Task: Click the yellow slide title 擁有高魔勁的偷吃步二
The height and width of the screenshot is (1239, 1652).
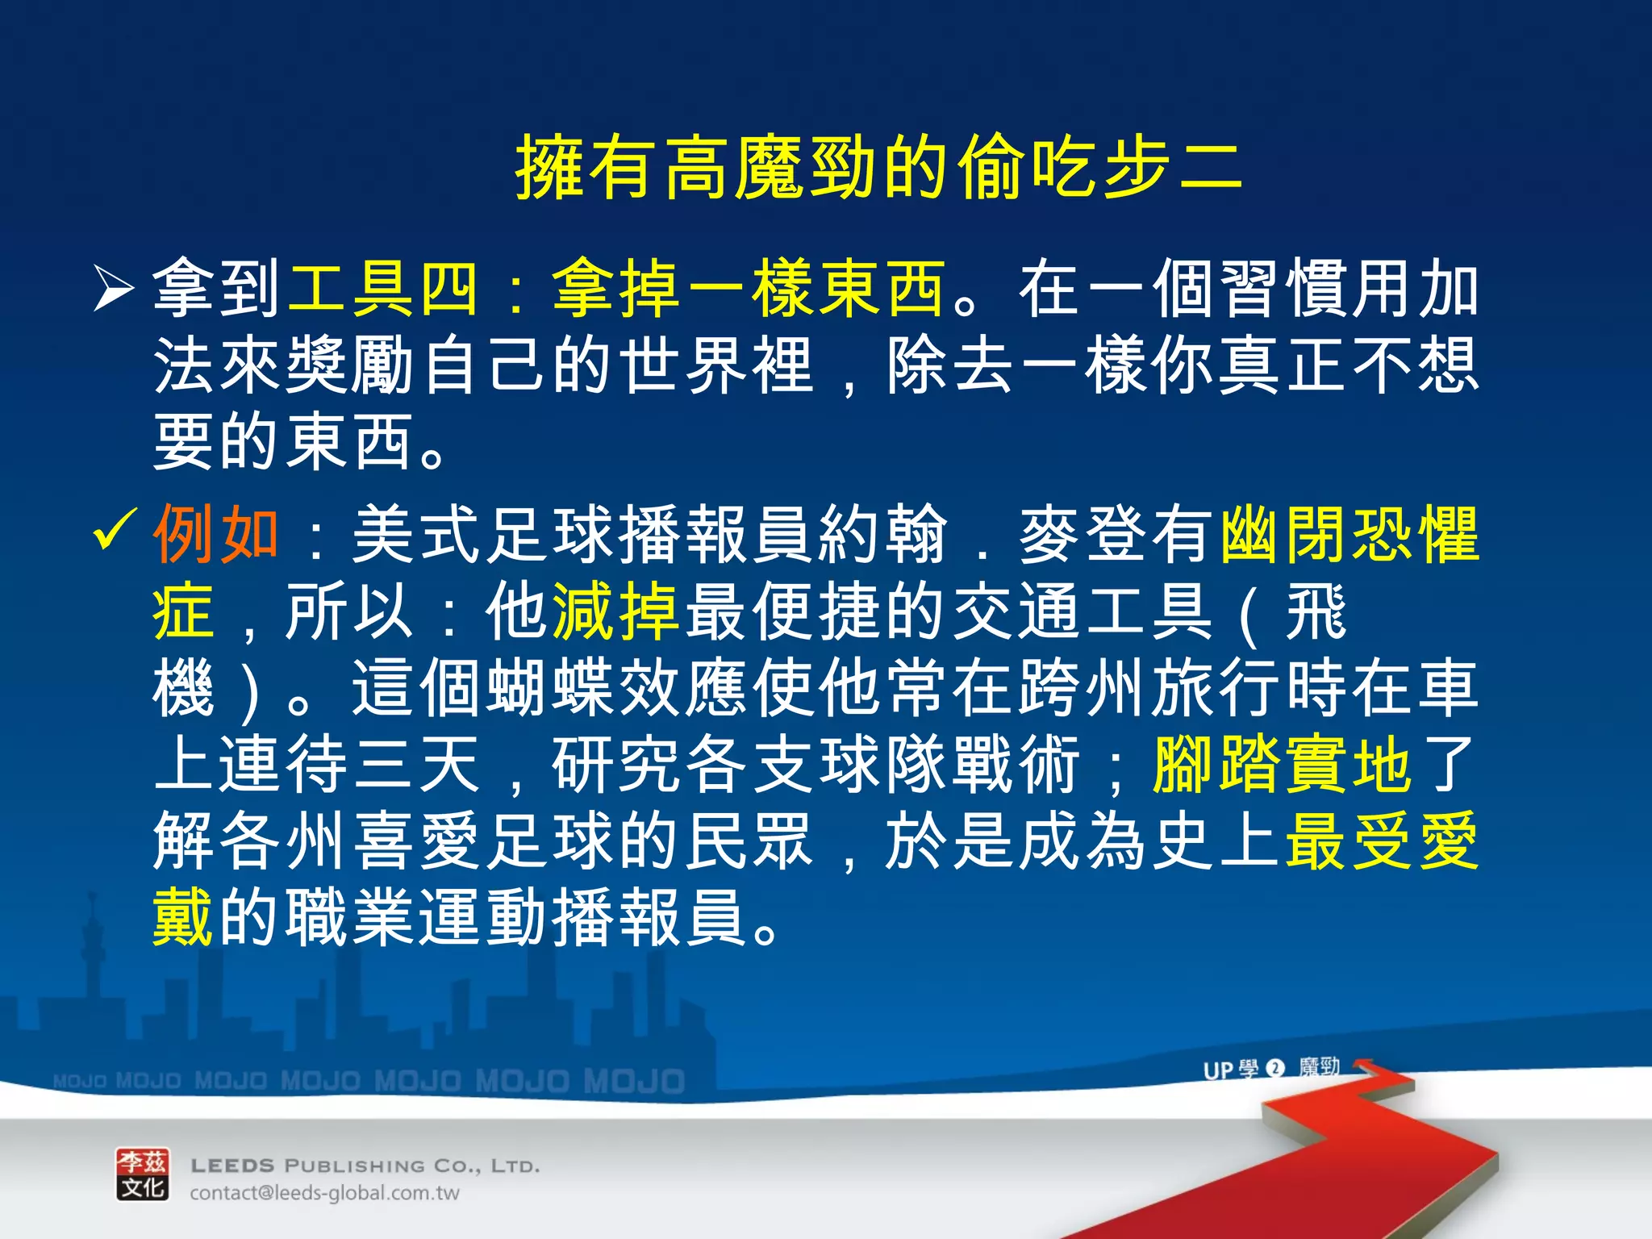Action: [878, 168]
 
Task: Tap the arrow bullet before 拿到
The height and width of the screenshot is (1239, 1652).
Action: [113, 289]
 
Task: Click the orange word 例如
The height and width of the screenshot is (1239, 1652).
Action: [216, 533]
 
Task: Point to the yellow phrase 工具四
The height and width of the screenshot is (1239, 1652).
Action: [383, 289]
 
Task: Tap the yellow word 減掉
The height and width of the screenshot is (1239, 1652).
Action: [615, 611]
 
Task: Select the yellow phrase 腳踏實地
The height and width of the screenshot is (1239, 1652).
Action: [1283, 764]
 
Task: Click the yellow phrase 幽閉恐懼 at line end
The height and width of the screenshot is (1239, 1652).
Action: [1350, 533]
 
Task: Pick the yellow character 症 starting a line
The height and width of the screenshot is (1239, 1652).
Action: [184, 611]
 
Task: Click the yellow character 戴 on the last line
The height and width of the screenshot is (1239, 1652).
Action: [184, 917]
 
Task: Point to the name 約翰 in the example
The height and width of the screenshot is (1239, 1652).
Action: [882, 533]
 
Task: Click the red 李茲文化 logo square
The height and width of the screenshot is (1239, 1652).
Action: [143, 1174]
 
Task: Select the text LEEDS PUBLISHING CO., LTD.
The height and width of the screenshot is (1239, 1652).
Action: [365, 1166]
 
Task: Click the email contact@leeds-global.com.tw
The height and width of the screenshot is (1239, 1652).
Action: [324, 1193]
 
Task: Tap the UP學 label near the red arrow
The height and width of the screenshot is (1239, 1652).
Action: [1230, 1070]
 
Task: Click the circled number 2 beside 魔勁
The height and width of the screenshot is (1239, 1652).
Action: [1275, 1069]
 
